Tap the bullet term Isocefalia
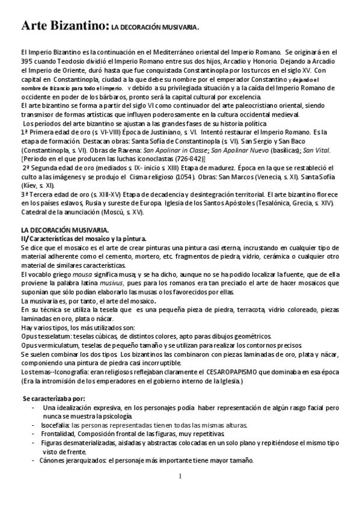tap(61, 424)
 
